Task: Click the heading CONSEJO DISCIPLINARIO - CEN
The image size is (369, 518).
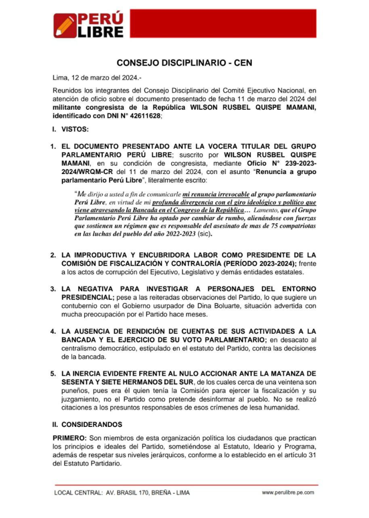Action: [x=184, y=63]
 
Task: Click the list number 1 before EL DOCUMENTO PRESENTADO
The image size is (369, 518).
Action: [x=52, y=146]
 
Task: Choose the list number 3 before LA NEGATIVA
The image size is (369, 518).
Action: [x=52, y=288]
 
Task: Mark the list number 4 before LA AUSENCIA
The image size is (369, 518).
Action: [x=52, y=331]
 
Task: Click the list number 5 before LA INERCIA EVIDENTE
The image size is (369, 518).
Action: [x=52, y=374]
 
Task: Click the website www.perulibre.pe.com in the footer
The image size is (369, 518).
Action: [x=288, y=492]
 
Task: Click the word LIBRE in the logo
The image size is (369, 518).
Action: [x=100, y=32]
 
